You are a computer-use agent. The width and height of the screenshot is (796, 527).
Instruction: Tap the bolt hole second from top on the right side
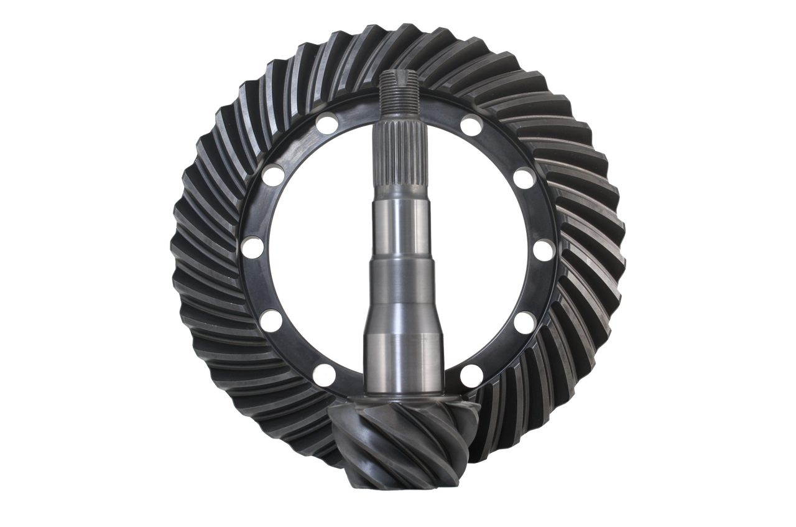click(x=525, y=177)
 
